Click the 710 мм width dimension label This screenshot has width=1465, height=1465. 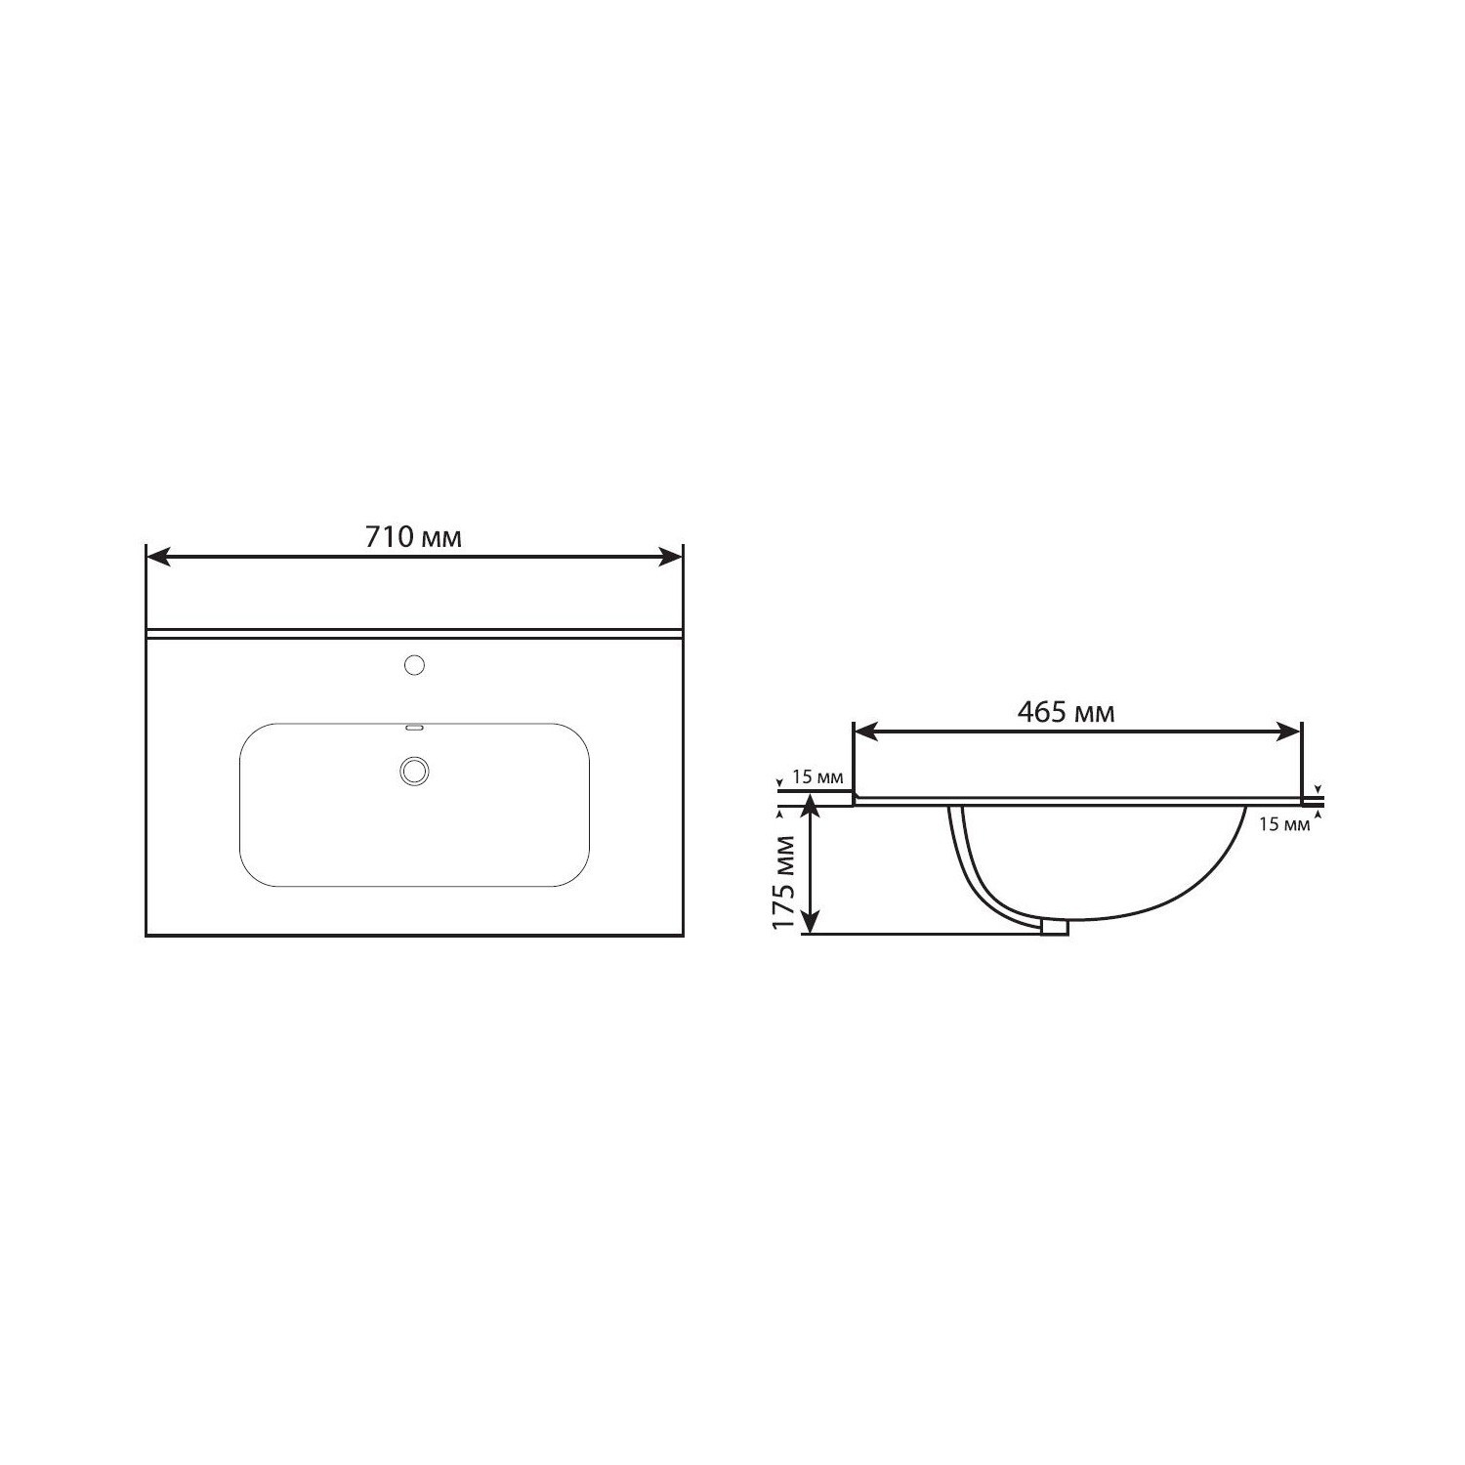tap(413, 537)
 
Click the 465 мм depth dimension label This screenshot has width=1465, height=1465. tap(1066, 712)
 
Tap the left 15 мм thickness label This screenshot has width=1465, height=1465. tap(816, 777)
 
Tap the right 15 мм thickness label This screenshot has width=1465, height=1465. tap(1283, 823)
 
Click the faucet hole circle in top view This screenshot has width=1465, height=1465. tap(414, 666)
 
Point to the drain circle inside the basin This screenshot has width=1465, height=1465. tap(414, 770)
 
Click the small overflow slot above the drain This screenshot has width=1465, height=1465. tap(413, 728)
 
